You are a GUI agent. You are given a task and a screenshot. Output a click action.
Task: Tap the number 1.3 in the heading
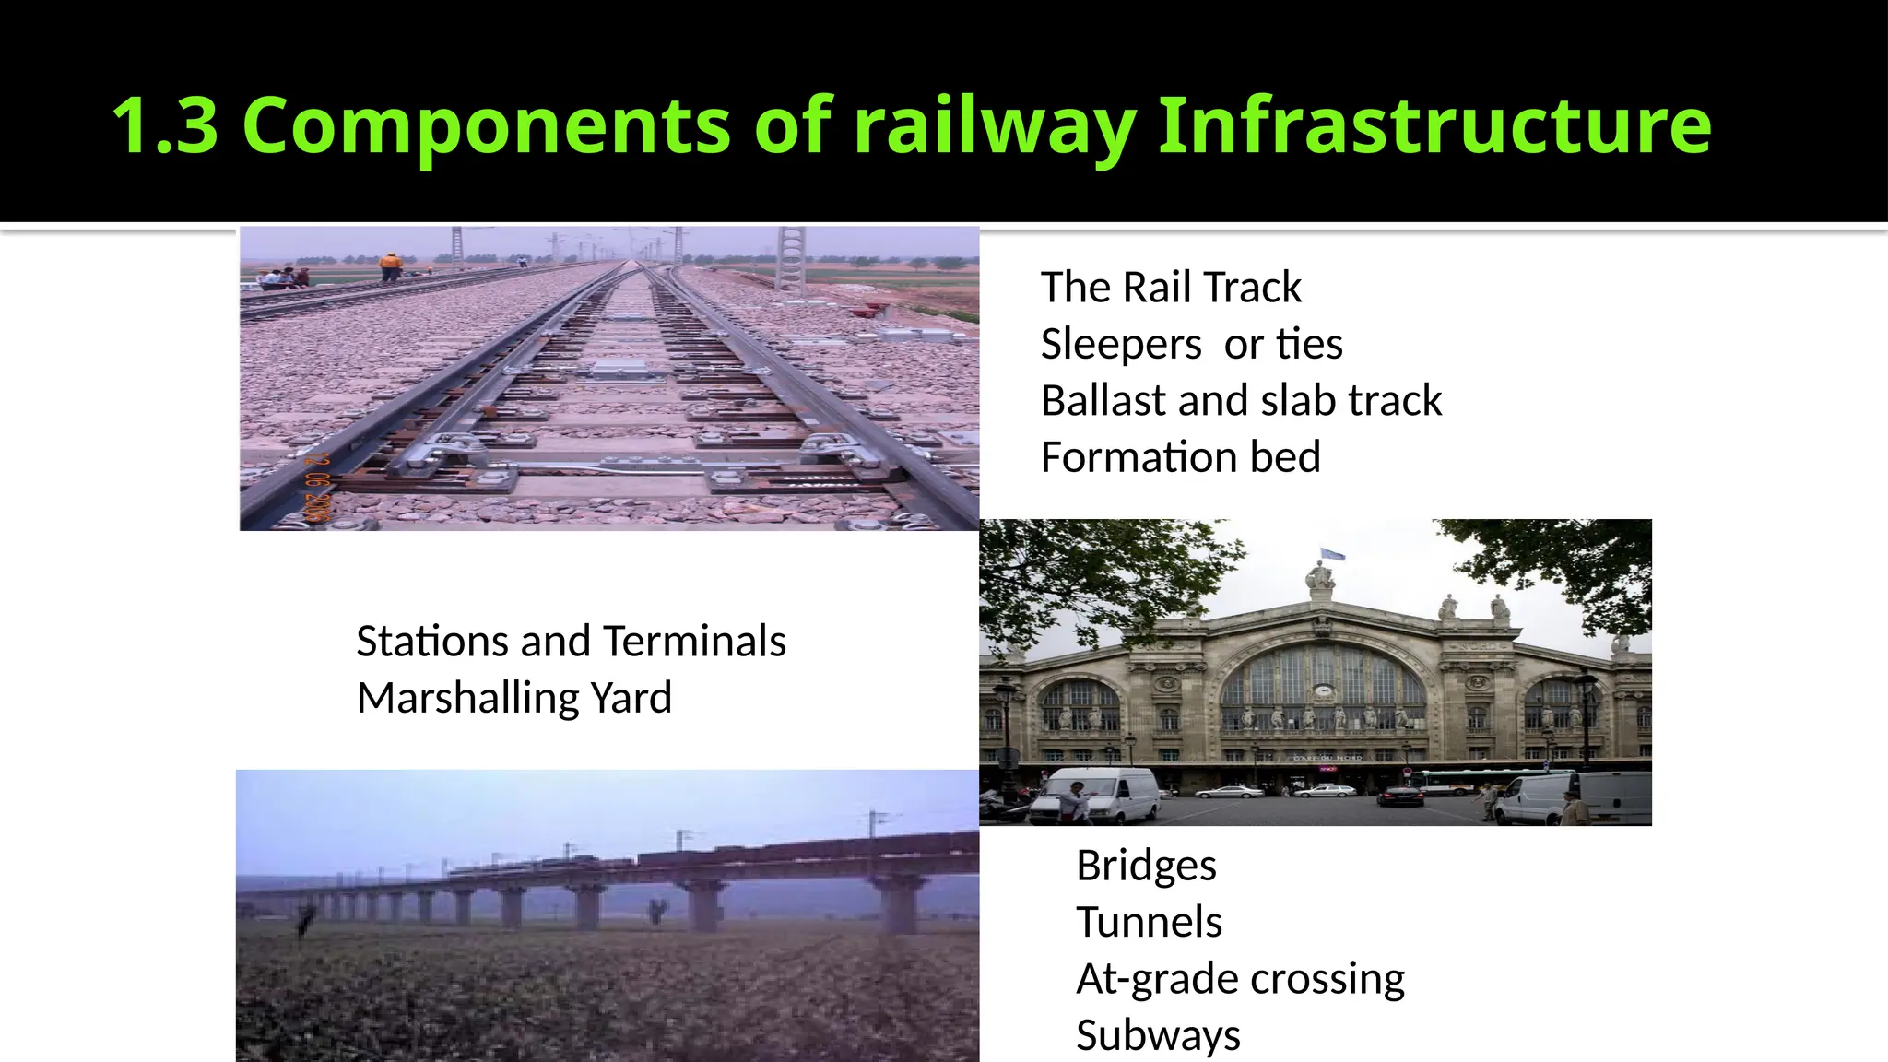[165, 125]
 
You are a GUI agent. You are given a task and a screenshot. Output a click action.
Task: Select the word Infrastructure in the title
[1434, 125]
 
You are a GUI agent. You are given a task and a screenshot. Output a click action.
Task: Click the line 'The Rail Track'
[1171, 288]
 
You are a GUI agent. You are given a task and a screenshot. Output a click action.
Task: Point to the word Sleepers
[1121, 345]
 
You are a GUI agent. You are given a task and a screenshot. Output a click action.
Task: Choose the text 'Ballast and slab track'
[1241, 401]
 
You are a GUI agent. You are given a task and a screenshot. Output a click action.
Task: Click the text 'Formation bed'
[1180, 457]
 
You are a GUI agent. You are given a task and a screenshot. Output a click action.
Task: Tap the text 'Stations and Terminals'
[571, 642]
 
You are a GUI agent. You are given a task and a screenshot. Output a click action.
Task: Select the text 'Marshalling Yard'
[514, 698]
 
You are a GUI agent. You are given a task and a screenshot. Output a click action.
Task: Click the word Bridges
[1146, 866]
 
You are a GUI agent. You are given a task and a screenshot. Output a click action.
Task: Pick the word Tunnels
[1149, 922]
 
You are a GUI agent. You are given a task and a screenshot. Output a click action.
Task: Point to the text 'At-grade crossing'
[1240, 979]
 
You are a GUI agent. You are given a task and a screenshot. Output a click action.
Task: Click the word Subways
[1158, 1035]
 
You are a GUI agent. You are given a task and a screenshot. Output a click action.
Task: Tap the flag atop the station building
[1333, 554]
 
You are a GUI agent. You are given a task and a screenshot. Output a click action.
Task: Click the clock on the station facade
[1323, 690]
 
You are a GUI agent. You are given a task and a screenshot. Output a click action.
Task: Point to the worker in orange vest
[391, 265]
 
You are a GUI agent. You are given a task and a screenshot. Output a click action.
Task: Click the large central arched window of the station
[1324, 682]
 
